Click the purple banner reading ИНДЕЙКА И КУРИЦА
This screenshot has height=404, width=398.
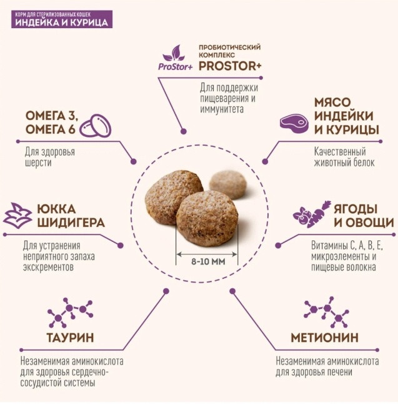coord(62,19)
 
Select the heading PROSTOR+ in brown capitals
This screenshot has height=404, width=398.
coord(230,66)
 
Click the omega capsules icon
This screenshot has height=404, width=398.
coord(95,126)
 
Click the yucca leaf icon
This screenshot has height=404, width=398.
coord(17,214)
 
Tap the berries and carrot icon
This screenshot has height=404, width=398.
coord(312,214)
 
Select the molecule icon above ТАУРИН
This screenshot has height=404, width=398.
coord(70,312)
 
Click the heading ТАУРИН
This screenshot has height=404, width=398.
coord(70,338)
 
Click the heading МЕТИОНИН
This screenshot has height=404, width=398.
coord(325,338)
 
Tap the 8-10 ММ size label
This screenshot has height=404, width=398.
coord(208,262)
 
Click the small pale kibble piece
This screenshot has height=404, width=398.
coord(228,184)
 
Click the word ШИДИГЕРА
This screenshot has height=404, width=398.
coord(71,223)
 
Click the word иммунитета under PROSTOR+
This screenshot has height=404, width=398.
coord(222,109)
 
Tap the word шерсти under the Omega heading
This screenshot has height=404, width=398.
coord(38,163)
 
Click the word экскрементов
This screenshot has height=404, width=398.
coord(48,268)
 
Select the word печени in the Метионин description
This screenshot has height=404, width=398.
coord(339,372)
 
